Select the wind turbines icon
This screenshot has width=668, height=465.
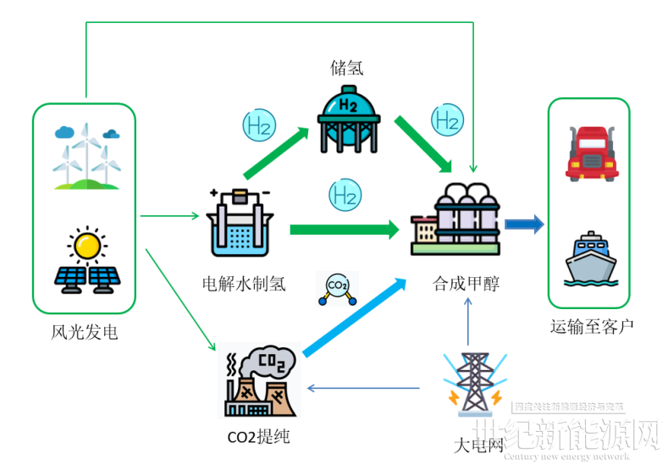coord(85,157)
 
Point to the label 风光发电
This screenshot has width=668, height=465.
coord(85,333)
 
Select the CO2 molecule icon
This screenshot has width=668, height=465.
coord(336,288)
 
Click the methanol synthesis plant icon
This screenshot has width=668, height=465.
coord(455,219)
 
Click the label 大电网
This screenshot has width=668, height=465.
coord(478,444)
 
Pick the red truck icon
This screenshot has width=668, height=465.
coord(590,152)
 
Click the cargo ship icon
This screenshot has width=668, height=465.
coord(590,261)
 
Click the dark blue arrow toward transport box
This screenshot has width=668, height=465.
coord(524,224)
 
